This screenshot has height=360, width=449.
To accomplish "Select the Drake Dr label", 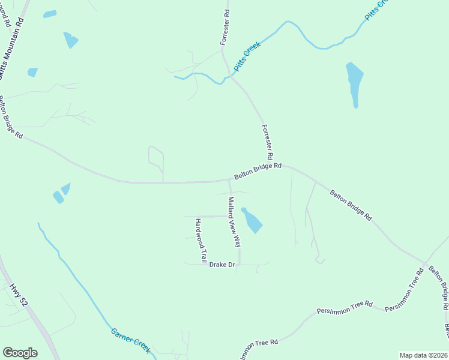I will click(221, 265).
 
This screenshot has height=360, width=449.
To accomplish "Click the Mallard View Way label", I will click(234, 222).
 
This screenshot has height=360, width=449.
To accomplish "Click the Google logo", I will click(20, 353).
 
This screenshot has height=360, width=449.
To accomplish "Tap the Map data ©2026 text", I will click(423, 355).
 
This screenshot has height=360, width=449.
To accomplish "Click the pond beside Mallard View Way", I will click(252, 220).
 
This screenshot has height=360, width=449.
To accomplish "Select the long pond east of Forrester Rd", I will click(354, 83).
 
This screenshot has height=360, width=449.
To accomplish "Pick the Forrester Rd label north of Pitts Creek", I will click(225, 27).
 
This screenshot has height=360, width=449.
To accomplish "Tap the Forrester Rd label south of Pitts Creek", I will click(269, 141).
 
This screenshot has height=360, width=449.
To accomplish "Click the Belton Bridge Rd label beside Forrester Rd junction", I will click(258, 171).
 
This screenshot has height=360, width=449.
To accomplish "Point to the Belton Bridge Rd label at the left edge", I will click(10, 118).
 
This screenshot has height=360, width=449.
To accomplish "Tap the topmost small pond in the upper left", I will click(50, 14).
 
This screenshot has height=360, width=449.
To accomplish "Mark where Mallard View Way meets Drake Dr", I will click(240, 264).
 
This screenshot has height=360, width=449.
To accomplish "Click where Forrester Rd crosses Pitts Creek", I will click(228, 76).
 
